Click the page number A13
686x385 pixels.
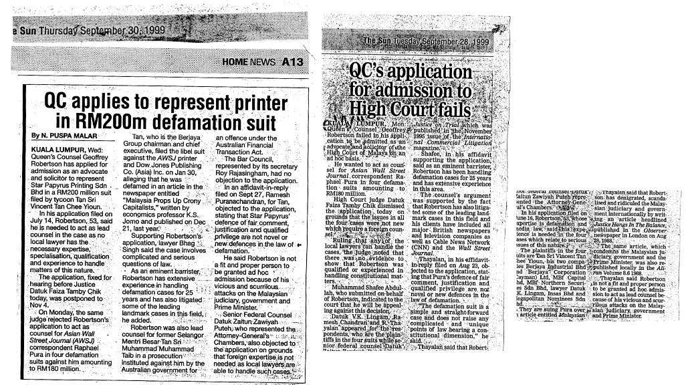pyautogui.click(x=292, y=61)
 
